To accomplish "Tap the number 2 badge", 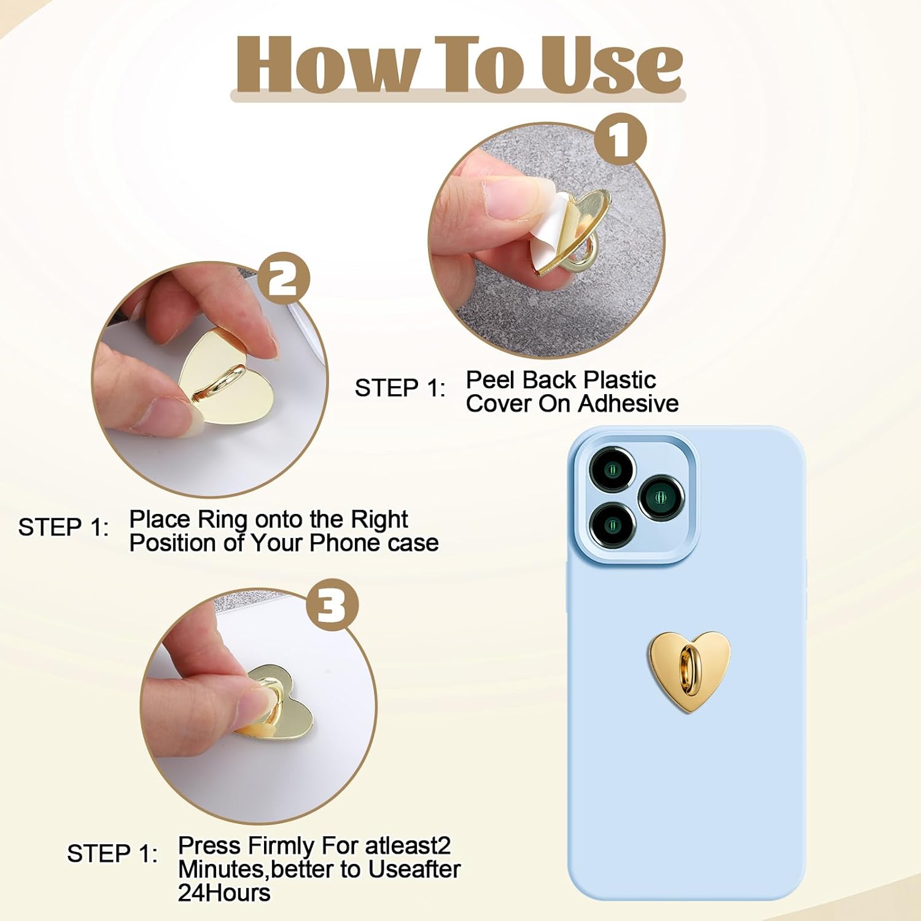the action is click(x=284, y=279).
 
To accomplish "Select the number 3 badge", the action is click(x=332, y=605).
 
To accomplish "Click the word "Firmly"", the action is click(x=280, y=847).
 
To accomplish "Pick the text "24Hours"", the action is click(x=224, y=893).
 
